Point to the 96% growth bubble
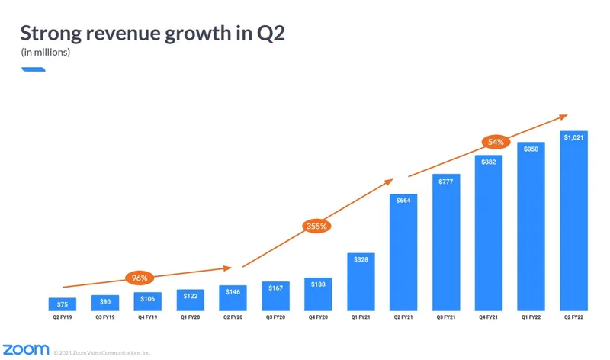click(x=140, y=278)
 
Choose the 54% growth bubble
click(x=496, y=142)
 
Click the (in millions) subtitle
click(x=45, y=53)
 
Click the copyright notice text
click(x=102, y=352)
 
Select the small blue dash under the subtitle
click(x=33, y=69)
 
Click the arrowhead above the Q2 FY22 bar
click(x=564, y=116)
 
